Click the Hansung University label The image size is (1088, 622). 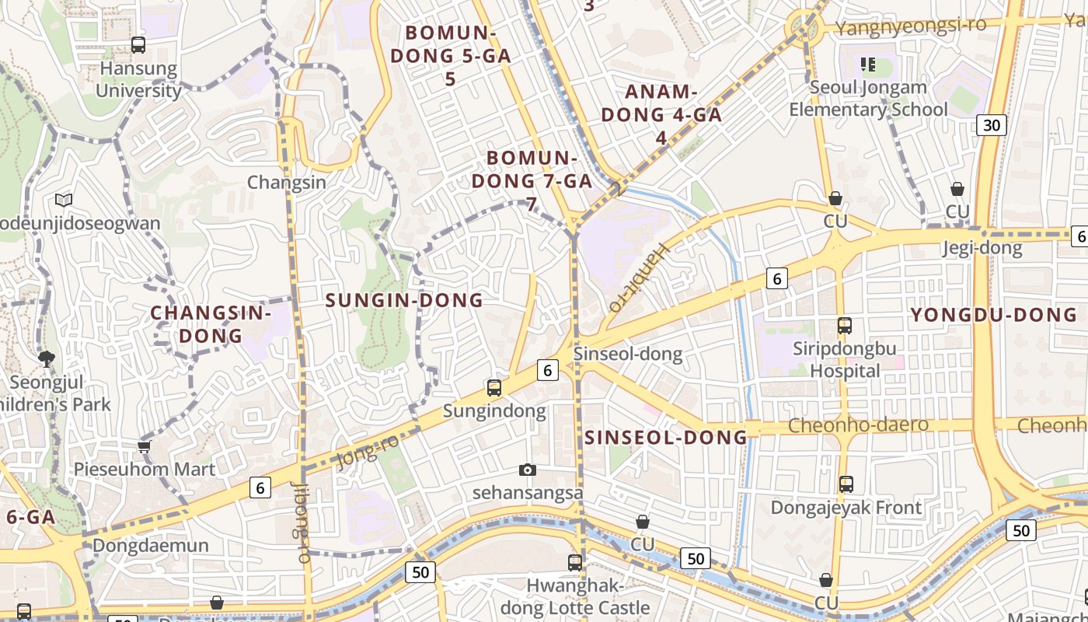pos(139,79)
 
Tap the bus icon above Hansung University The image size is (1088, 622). pos(138,45)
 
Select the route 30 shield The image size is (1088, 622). pos(992,124)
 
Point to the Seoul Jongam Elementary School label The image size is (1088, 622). pos(868,98)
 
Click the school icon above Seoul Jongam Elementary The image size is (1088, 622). pos(868,64)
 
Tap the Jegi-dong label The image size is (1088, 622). pos(982,248)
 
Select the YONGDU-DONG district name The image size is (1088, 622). pos(993,315)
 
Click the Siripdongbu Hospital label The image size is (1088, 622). pos(845,359)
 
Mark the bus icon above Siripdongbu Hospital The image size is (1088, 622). pos(845,326)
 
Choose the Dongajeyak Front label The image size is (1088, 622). pos(846,508)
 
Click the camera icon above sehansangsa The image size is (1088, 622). pos(528,470)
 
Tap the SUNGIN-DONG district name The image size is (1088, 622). pos(404,300)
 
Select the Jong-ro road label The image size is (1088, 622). pos(368,452)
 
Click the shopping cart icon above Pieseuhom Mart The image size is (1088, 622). pos(144,446)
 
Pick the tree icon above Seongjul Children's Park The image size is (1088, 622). pos(46,358)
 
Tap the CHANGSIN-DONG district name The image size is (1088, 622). pos(211,324)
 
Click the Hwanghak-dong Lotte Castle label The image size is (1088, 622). pos(575,596)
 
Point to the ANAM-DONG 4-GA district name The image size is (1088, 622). pos(661,114)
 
